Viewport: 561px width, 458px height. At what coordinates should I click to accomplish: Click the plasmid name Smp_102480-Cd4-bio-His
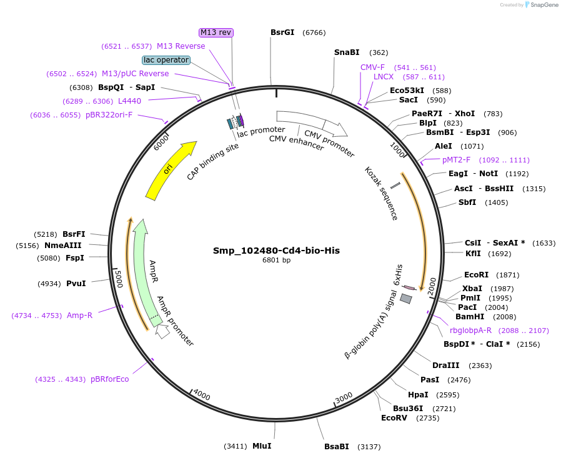(276, 251)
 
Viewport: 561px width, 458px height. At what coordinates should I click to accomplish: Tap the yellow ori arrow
(169, 171)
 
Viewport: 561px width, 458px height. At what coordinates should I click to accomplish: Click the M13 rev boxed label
(216, 32)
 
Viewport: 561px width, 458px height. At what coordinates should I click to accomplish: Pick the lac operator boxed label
(166, 60)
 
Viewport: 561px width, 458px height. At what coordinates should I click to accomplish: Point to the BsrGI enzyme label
(282, 32)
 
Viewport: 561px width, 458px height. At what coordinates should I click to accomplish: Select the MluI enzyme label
(262, 446)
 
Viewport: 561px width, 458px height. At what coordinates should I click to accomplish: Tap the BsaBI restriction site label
(336, 447)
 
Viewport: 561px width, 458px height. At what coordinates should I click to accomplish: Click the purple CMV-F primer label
(372, 67)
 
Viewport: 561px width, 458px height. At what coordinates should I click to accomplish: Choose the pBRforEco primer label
(109, 379)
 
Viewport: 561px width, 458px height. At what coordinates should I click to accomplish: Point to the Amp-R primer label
(79, 316)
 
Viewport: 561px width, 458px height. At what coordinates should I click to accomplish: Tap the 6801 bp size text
(276, 261)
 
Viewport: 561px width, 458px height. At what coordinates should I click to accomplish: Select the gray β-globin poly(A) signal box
(406, 299)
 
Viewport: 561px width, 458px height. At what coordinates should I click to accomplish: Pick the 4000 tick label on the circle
(202, 395)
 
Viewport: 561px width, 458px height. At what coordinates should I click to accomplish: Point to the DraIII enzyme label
(445, 366)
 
